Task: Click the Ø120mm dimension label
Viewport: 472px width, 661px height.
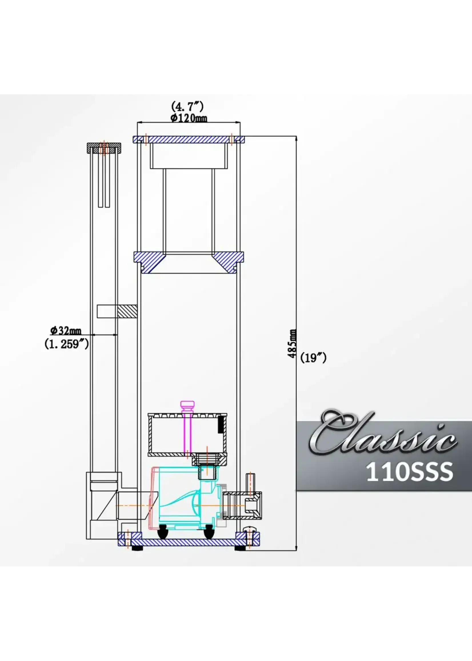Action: [189, 118]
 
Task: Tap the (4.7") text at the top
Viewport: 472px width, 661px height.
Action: [187, 106]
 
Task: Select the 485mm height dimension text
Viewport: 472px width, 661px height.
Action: [292, 344]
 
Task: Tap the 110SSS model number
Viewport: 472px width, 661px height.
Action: [409, 472]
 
